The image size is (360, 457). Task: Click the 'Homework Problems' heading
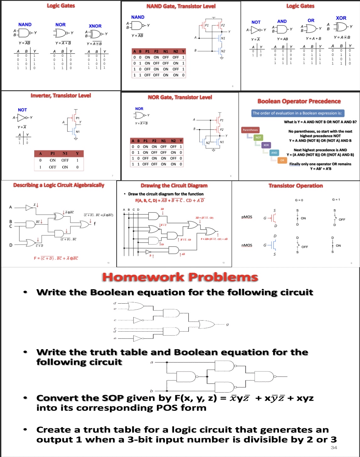[180, 277]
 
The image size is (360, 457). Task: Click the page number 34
[334, 448]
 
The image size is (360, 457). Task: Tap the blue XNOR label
[95, 26]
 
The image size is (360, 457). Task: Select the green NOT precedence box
[258, 137]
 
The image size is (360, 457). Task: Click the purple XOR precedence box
[266, 145]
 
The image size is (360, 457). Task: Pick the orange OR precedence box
[282, 160]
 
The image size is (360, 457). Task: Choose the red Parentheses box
[250, 130]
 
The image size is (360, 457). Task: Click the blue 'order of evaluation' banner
[297, 113]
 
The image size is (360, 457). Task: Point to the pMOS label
[247, 217]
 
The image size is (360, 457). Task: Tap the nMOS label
[247, 245]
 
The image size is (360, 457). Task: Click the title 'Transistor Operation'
[296, 186]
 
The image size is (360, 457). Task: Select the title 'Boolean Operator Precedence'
[299, 101]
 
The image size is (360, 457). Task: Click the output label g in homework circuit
[227, 324]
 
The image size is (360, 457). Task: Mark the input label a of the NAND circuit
[152, 362]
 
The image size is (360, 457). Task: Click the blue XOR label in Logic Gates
[341, 18]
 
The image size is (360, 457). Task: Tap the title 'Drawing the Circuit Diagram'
[174, 185]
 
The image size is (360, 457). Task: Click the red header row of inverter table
[59, 153]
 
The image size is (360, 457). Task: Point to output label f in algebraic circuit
[95, 223]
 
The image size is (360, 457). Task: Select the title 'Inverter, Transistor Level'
[61, 96]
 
